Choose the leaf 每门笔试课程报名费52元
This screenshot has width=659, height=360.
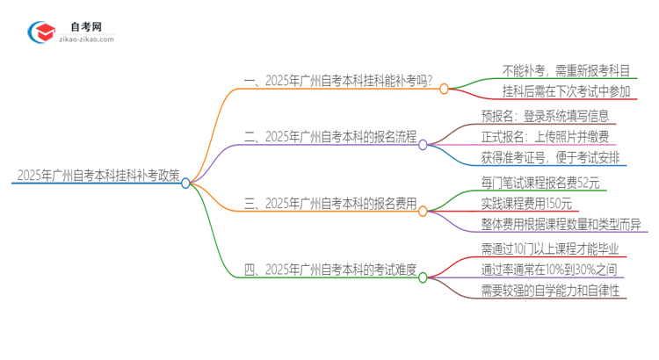(x=540, y=183)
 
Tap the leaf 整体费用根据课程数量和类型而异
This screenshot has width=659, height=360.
(x=561, y=225)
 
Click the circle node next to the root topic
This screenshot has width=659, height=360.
(x=185, y=183)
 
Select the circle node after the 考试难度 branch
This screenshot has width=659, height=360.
(x=423, y=277)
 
